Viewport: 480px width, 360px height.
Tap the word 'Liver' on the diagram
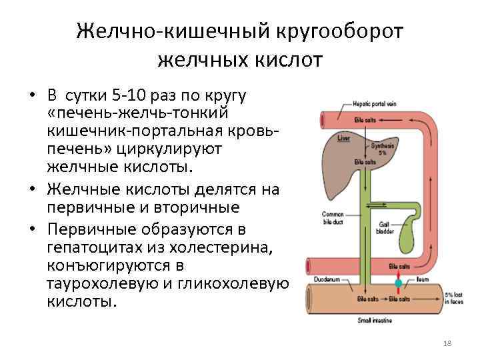pyautogui.click(x=344, y=139)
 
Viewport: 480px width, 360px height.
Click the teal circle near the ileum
pyautogui.click(x=398, y=283)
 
